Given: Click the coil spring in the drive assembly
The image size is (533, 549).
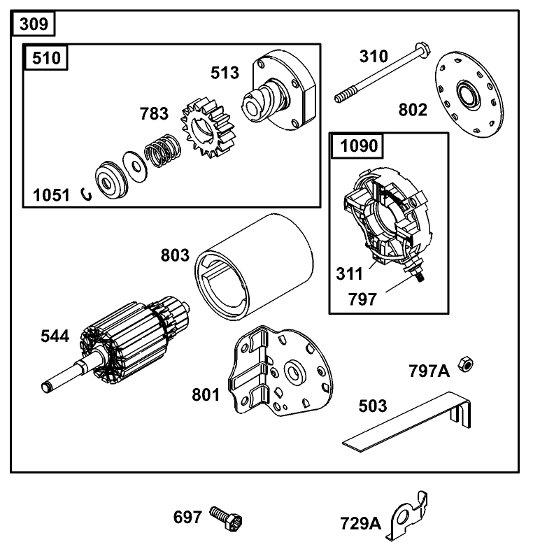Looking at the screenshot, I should [163, 152].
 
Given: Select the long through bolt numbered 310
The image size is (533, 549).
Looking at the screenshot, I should [378, 73].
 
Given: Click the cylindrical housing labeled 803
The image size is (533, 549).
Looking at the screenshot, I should [254, 258].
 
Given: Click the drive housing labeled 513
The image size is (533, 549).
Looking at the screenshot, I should [280, 94].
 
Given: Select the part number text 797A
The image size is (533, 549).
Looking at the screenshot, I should [429, 371].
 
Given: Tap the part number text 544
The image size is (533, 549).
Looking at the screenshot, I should [55, 336].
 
